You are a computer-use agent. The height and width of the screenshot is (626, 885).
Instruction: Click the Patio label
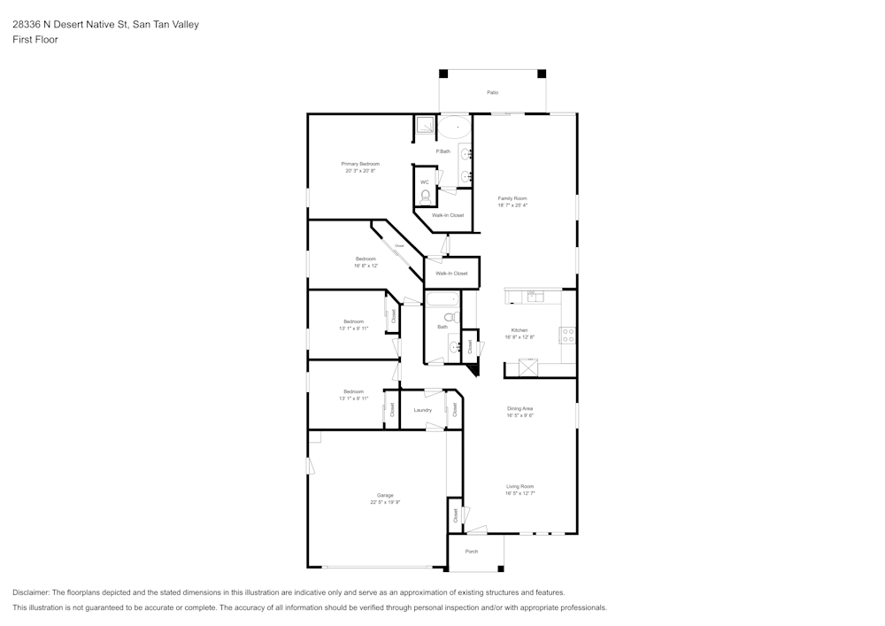[492, 92]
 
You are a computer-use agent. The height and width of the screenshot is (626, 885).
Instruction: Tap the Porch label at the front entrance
[472, 552]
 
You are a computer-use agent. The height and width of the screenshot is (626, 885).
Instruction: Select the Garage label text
[385, 495]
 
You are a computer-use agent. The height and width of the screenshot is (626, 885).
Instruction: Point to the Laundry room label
[423, 410]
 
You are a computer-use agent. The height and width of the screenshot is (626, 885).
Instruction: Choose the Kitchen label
[519, 330]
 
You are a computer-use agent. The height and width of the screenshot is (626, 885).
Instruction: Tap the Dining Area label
[519, 408]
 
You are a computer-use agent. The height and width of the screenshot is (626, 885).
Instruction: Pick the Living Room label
[519, 486]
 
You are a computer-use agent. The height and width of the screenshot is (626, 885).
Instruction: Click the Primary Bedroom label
[360, 164]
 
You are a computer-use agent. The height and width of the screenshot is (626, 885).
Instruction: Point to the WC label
[424, 182]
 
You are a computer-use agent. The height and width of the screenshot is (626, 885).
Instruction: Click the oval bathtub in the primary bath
[455, 128]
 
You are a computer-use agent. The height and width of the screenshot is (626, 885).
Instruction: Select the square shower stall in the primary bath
[425, 126]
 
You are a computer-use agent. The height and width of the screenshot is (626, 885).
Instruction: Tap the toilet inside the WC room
[425, 196]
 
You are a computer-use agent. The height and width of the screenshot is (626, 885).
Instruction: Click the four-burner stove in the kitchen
[568, 335]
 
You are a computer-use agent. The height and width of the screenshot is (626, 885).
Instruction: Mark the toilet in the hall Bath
[449, 316]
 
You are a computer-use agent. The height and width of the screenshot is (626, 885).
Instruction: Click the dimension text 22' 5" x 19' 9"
[385, 502]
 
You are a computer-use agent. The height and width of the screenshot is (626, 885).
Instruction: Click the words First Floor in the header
[35, 40]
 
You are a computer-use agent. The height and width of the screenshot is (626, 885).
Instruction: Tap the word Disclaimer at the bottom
[31, 592]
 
